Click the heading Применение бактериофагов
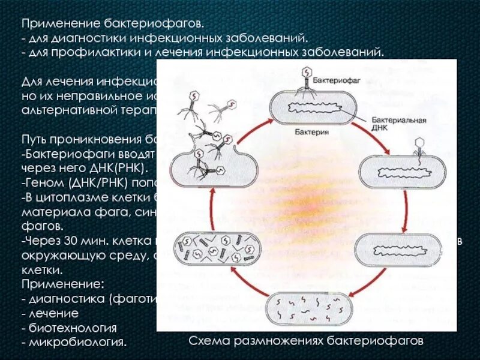[112, 25]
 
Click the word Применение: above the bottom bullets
[63, 282]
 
